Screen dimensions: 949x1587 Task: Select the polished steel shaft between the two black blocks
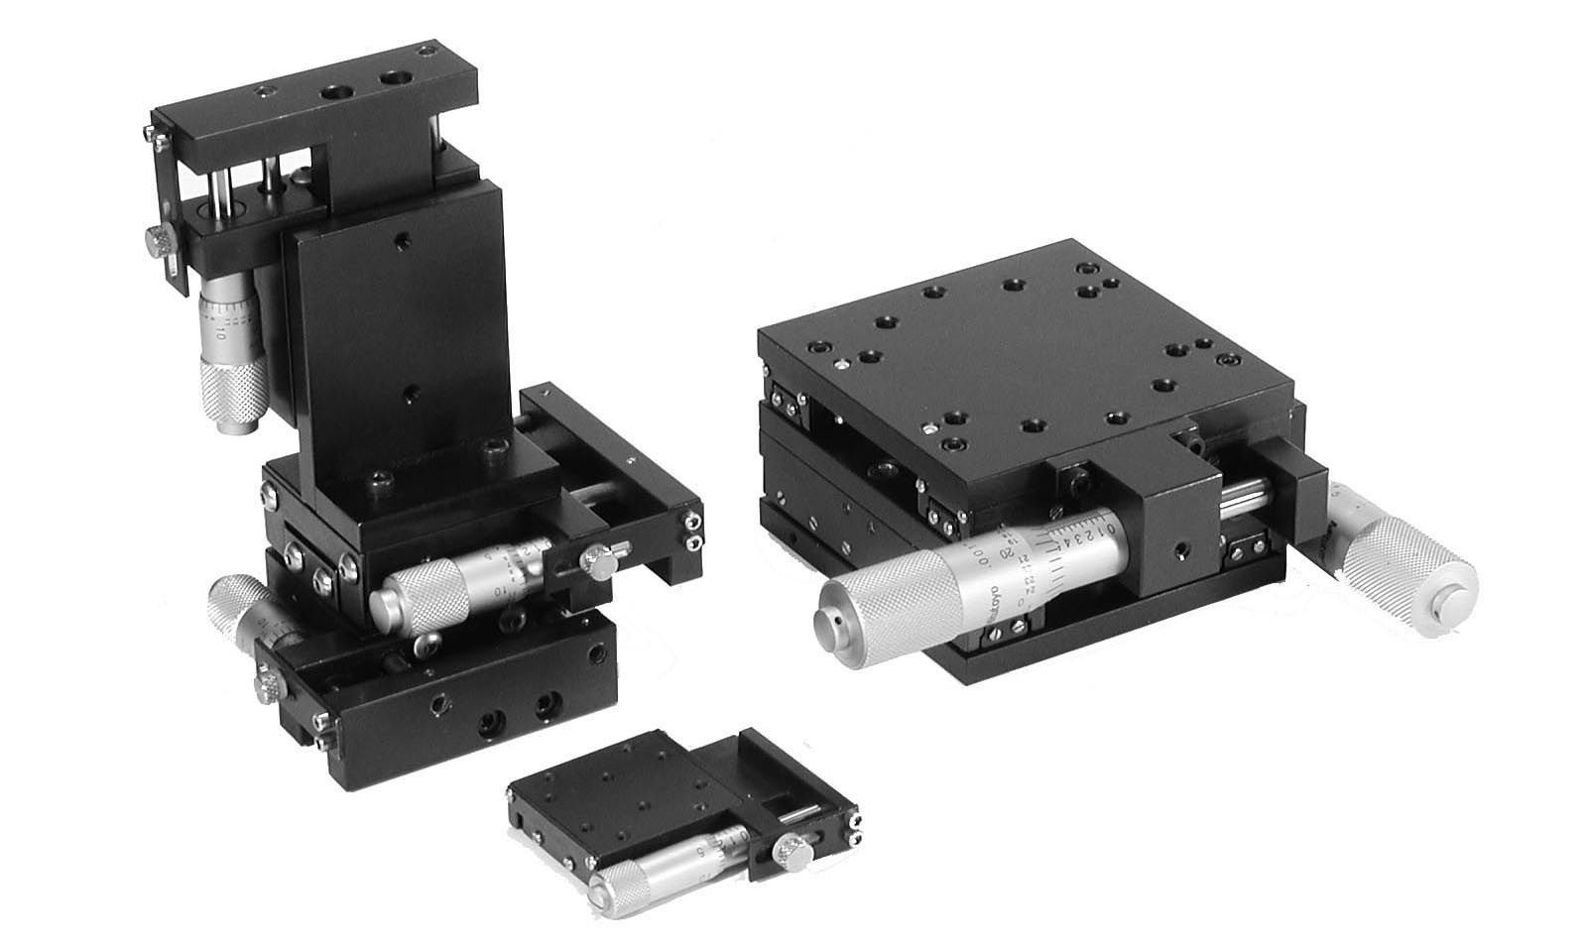click(1243, 496)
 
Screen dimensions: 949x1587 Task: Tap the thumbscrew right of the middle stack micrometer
click(598, 563)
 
